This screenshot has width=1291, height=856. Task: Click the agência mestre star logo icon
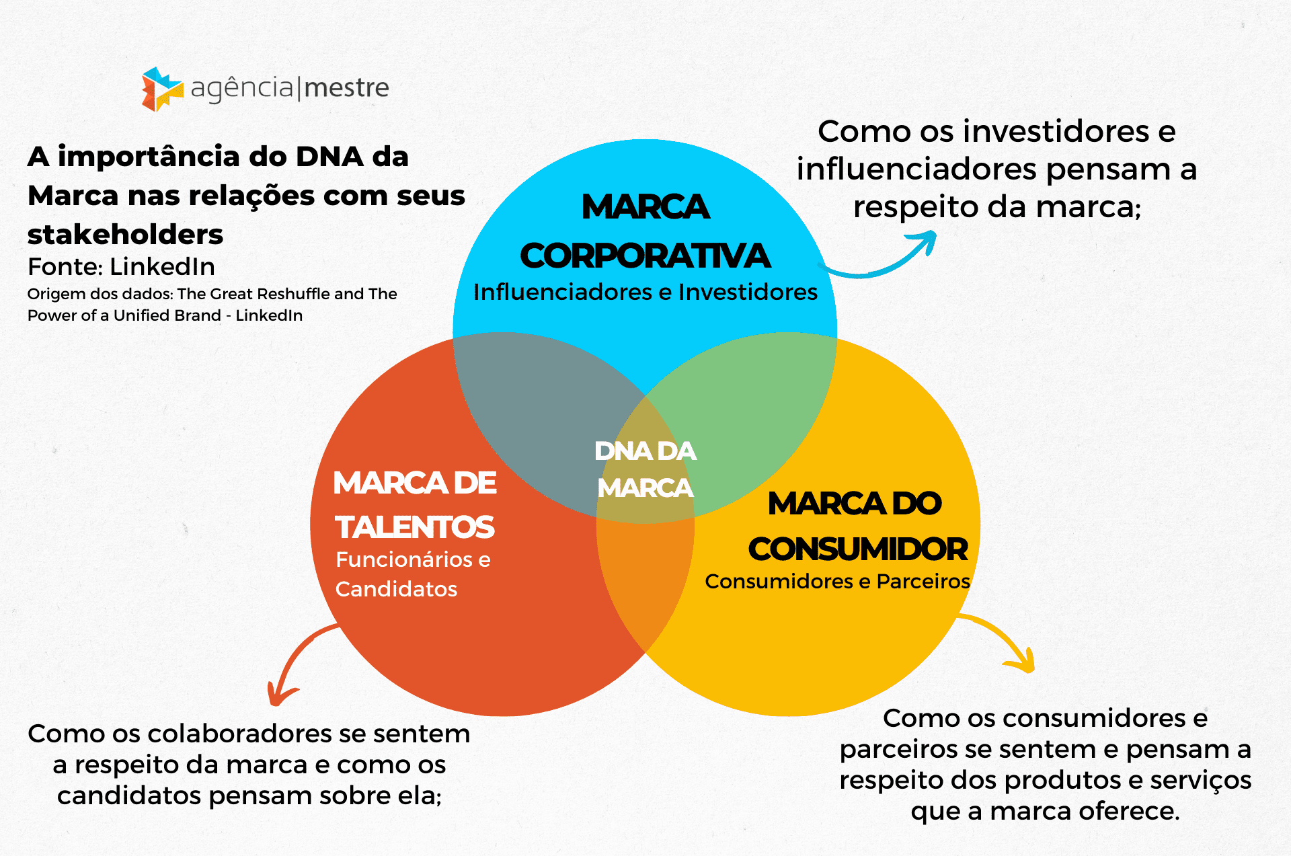coord(162,89)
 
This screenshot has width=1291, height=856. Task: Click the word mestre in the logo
coord(346,88)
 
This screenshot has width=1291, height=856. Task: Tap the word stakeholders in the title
coord(125,235)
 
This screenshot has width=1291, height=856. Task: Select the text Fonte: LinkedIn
coord(121,267)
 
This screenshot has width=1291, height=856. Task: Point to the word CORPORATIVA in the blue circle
coord(645,256)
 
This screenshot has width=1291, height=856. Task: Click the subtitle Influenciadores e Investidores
coord(645,292)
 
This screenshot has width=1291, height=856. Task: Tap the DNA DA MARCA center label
coord(645,469)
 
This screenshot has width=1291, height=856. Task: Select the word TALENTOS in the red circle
coord(415,527)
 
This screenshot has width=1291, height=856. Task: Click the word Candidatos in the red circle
coord(396,589)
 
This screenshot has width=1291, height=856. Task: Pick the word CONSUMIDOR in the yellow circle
coord(858,549)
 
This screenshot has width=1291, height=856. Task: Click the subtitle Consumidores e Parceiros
coord(837,581)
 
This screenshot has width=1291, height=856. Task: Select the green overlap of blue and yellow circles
coord(753,417)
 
